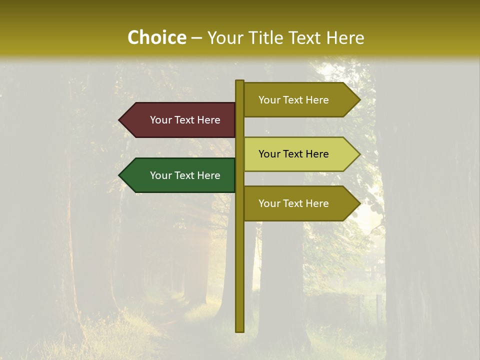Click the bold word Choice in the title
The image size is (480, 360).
tap(156, 37)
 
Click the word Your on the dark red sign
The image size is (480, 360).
tap(160, 120)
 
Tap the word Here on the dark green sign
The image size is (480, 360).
tap(208, 175)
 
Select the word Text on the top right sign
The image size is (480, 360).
tap(293, 100)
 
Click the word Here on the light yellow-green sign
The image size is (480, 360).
tap(317, 154)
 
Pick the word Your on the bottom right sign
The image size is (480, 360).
tap(269, 203)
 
